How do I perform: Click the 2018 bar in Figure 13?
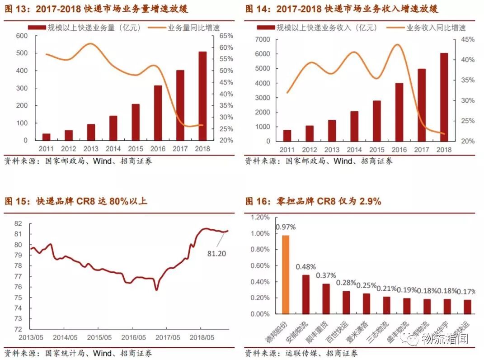(202, 96)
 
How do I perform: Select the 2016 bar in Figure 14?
(399, 112)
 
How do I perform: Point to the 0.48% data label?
(305, 267)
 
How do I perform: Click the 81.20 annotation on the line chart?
(216, 254)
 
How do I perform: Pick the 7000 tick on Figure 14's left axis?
(263, 39)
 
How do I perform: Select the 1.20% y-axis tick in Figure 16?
(259, 218)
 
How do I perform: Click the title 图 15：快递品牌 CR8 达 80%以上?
(76, 201)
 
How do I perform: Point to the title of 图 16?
(313, 201)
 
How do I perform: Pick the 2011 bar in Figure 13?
(46, 137)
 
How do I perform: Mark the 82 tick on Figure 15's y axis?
(18, 223)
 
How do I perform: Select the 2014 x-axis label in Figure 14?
(355, 150)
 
